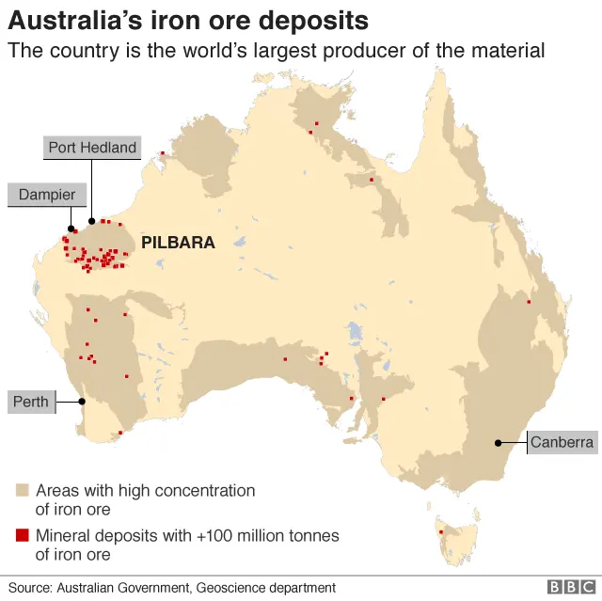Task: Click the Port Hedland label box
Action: (x=93, y=148)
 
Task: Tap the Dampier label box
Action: (x=48, y=195)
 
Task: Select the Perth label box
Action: (x=31, y=402)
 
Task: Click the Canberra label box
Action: (x=562, y=442)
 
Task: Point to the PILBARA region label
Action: (x=178, y=243)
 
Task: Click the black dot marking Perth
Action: (x=82, y=402)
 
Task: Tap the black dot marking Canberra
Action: (x=499, y=442)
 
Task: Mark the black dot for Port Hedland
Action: (x=92, y=221)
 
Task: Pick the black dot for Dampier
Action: (x=71, y=228)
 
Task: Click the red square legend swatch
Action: (x=22, y=535)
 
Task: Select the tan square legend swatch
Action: (x=22, y=490)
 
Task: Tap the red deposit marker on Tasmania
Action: (x=440, y=533)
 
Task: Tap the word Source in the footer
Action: (x=29, y=588)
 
